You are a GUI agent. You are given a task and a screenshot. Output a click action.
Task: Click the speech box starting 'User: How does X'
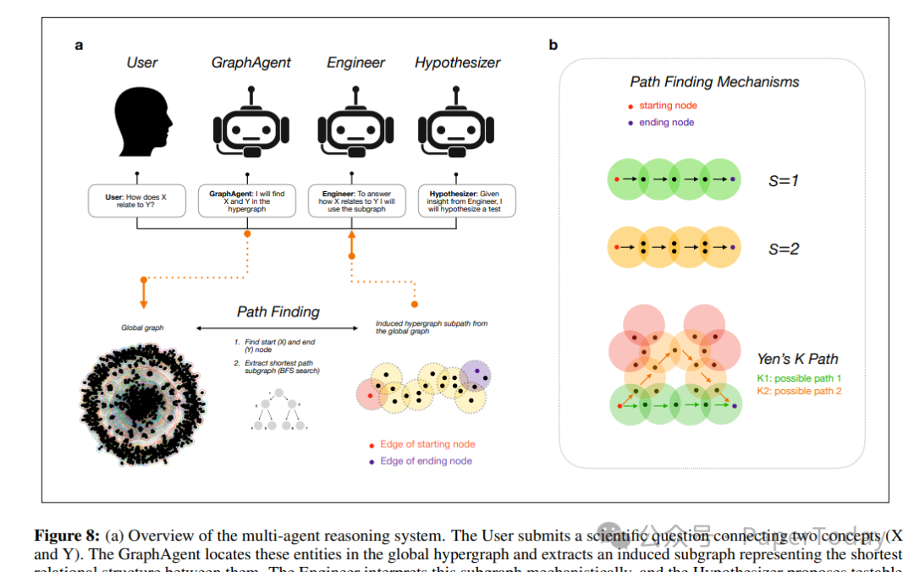tap(135, 202)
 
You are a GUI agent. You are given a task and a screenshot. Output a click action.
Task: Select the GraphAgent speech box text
tap(246, 202)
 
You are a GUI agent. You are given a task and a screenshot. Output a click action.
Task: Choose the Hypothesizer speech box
tap(465, 202)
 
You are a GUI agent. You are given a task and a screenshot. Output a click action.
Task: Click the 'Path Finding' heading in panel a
tap(278, 311)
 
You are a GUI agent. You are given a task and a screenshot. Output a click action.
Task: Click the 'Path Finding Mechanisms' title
tap(714, 82)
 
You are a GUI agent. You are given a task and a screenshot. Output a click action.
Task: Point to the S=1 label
tap(784, 180)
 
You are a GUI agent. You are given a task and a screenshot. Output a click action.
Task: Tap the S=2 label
tap(784, 249)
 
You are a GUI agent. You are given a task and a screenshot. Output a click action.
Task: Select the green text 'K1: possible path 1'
tap(799, 377)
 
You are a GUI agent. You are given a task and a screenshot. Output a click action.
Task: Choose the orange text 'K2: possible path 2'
tap(799, 391)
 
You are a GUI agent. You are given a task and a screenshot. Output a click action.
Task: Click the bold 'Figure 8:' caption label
tap(66, 536)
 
